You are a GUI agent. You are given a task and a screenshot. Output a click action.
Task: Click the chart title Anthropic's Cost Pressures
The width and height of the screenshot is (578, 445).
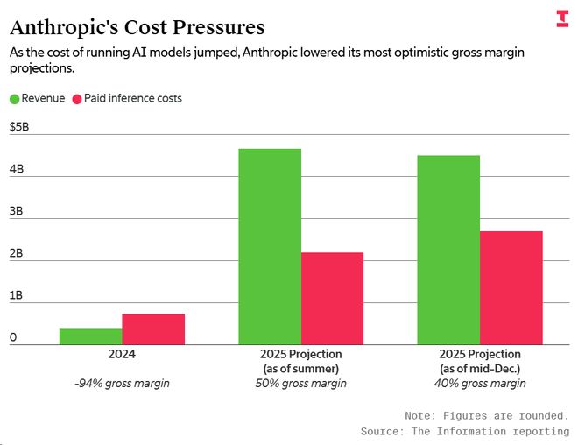pyautogui.click(x=137, y=27)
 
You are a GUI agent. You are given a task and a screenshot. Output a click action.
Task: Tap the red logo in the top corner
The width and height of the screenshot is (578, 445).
pyautogui.click(x=561, y=18)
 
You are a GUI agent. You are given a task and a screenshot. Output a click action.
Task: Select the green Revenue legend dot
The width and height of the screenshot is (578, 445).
pyautogui.click(x=14, y=99)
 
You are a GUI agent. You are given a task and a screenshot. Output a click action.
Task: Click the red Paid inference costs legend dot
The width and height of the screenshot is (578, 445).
pyautogui.click(x=77, y=99)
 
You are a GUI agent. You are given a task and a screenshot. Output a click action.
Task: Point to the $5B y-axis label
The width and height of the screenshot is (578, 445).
pyautogui.click(x=19, y=127)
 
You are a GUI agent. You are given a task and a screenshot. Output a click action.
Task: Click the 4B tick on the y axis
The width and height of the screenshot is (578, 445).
pyautogui.click(x=16, y=169)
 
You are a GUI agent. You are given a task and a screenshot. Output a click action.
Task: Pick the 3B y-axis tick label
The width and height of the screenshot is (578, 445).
pyautogui.click(x=16, y=211)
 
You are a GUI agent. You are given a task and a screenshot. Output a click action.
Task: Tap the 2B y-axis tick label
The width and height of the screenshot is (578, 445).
pyautogui.click(x=16, y=253)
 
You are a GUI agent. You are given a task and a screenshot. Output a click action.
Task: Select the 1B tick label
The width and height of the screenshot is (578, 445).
pyautogui.click(x=16, y=295)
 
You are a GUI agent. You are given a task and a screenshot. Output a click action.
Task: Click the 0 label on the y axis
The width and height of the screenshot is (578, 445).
pyautogui.click(x=13, y=337)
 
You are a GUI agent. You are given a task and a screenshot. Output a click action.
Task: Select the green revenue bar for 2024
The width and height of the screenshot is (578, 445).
pyautogui.click(x=90, y=336)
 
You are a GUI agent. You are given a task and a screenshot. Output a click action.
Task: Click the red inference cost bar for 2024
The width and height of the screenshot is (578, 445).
pyautogui.click(x=153, y=329)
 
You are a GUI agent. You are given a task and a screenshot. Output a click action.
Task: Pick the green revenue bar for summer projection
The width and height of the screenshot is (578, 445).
pyautogui.click(x=270, y=246)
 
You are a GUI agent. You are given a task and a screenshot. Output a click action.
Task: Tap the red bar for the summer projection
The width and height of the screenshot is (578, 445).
pyautogui.click(x=332, y=298)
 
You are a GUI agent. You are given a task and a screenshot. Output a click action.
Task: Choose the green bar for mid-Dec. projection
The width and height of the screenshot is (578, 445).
pyautogui.click(x=448, y=250)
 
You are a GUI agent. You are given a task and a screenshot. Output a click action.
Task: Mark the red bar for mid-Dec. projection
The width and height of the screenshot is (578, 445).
pyautogui.click(x=511, y=287)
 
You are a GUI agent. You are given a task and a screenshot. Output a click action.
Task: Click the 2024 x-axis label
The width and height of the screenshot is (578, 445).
pyautogui.click(x=122, y=354)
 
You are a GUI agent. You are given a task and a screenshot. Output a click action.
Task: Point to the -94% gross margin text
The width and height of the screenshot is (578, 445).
pyautogui.click(x=122, y=384)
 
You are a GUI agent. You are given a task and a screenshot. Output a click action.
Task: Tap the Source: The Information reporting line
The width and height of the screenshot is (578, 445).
pyautogui.click(x=464, y=432)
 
